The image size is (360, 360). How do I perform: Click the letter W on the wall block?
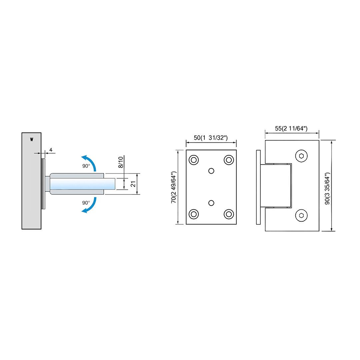(x=32, y=139)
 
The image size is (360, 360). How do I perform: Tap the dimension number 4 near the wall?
(x=51, y=150)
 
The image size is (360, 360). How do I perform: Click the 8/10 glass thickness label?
(x=121, y=162)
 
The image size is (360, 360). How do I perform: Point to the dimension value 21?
(x=133, y=184)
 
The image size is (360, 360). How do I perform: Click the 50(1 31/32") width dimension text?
(x=211, y=138)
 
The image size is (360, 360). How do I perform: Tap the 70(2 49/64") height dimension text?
(x=173, y=187)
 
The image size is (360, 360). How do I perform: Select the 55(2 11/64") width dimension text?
(x=291, y=129)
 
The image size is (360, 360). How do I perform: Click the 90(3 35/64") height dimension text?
(x=327, y=188)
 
